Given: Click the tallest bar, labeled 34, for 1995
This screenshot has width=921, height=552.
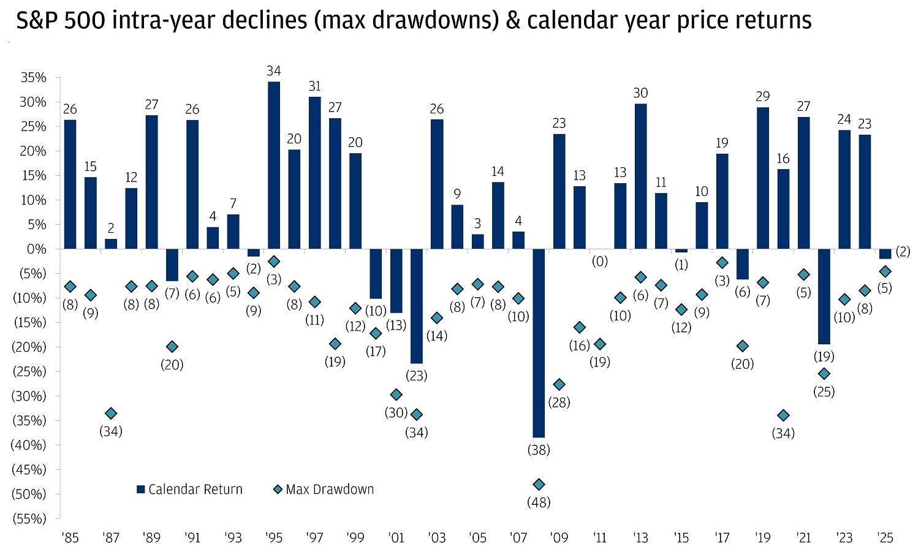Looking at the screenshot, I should (x=274, y=165).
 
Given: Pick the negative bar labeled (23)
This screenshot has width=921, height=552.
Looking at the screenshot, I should (x=417, y=306).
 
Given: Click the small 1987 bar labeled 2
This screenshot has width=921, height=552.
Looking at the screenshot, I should (x=111, y=244).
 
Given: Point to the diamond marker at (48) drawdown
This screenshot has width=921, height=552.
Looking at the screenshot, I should (x=539, y=485).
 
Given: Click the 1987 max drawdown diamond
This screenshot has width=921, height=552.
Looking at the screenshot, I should (x=111, y=414).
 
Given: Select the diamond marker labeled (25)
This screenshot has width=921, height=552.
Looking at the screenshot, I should (x=824, y=374).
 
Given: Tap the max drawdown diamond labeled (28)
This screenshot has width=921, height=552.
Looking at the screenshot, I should (x=559, y=385).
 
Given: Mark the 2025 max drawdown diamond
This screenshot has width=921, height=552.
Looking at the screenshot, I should (x=885, y=271).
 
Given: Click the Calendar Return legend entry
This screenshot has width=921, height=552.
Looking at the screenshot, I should (x=189, y=490).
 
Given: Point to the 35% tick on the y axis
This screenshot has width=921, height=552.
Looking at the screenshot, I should (x=33, y=78).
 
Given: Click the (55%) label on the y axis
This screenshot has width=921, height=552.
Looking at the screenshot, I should (x=29, y=519).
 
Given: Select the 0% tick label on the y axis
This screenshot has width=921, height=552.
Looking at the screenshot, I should (x=36, y=249).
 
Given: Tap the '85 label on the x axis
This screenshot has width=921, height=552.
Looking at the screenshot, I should (x=70, y=538).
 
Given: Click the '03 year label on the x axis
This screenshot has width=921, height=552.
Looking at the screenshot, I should (x=437, y=538).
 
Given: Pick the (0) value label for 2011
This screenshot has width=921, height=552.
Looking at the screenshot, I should (x=599, y=262).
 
